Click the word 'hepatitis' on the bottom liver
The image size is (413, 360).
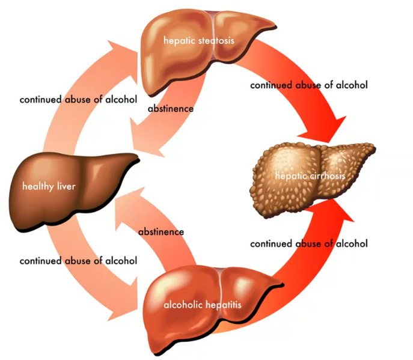point(225,305)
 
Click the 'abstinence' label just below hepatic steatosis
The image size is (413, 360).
point(171,109)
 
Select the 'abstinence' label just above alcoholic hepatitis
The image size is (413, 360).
point(161,231)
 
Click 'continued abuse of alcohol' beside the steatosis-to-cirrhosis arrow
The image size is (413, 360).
point(309,85)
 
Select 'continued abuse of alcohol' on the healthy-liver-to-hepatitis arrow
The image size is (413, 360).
point(78,261)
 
